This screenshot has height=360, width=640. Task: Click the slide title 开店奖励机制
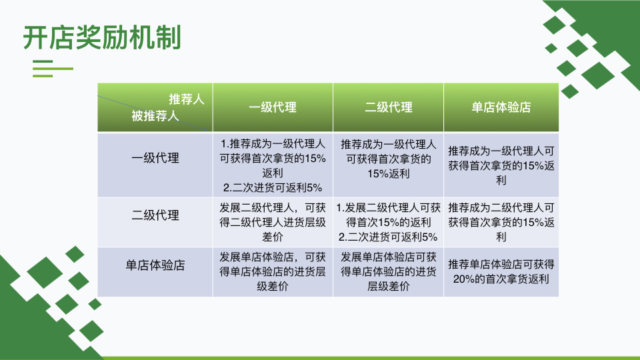click(102, 37)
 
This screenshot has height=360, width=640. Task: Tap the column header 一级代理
click(273, 107)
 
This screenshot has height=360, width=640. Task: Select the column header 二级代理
click(388, 107)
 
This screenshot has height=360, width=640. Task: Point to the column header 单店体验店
click(501, 107)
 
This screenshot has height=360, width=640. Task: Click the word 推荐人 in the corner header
click(187, 99)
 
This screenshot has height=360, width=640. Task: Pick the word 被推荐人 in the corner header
click(155, 116)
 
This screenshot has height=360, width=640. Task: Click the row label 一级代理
click(155, 158)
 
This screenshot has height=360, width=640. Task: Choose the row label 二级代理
click(155, 215)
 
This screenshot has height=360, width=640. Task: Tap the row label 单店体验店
click(155, 265)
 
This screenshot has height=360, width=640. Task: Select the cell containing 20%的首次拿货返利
click(501, 272)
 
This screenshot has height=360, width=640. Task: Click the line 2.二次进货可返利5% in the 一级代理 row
click(273, 188)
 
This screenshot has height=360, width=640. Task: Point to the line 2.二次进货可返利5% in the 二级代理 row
click(388, 237)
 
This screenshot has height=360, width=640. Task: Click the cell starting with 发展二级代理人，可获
click(273, 223)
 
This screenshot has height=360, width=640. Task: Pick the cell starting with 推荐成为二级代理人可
click(501, 223)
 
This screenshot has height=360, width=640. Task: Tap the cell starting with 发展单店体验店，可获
click(273, 272)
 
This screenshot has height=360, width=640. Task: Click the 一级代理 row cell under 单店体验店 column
click(501, 165)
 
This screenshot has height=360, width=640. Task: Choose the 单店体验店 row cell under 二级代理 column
click(388, 272)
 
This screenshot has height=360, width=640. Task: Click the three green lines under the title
click(53, 69)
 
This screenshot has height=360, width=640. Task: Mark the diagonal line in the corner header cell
click(153, 113)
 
